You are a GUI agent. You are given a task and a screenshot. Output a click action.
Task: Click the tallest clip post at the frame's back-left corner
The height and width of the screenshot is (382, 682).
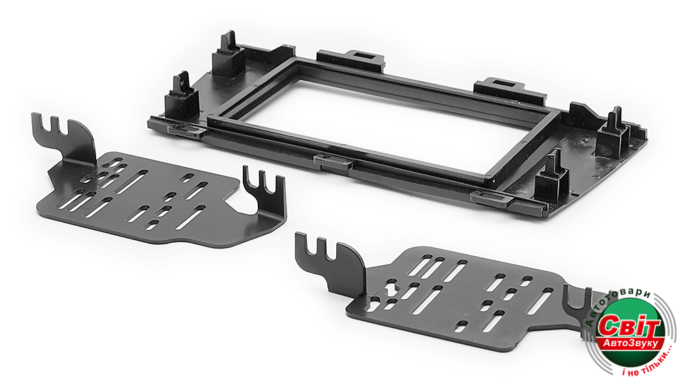coord(228,55)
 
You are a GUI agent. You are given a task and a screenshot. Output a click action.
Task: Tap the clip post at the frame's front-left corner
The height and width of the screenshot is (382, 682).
coord(181,98)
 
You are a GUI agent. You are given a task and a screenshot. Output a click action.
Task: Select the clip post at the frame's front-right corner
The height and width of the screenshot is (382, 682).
coord(552,173)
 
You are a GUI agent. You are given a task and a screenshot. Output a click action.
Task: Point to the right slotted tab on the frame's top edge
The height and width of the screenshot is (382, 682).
coord(509,88)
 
